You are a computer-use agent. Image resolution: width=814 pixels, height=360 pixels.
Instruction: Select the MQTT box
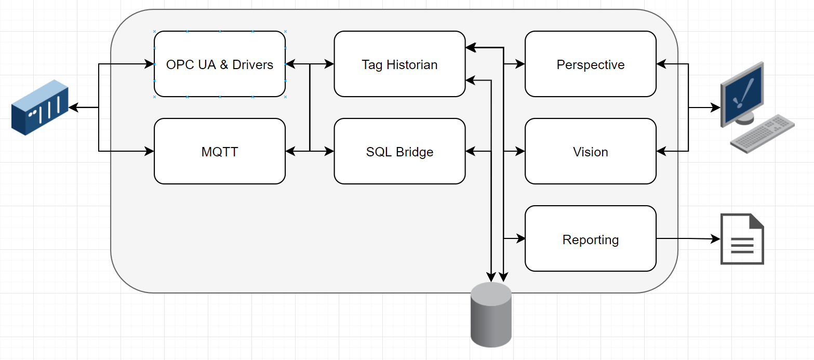pyautogui.click(x=220, y=151)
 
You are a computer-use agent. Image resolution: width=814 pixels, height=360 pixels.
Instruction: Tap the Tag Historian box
pyautogui.click(x=399, y=64)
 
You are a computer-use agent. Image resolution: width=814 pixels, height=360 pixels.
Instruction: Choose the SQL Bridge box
pyautogui.click(x=399, y=151)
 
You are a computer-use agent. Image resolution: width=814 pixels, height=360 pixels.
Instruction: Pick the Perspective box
pyautogui.click(x=591, y=64)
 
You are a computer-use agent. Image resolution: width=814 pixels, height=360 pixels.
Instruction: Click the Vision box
pyautogui.click(x=591, y=151)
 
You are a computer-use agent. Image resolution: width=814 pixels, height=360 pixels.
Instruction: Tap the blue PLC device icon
pyautogui.click(x=40, y=108)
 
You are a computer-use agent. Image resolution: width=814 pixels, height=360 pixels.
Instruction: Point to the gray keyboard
pyautogui.click(x=762, y=134)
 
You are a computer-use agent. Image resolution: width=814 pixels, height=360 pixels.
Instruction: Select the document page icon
pyautogui.click(x=742, y=239)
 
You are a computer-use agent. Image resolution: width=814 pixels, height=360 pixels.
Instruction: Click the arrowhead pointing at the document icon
pyautogui.click(x=716, y=239)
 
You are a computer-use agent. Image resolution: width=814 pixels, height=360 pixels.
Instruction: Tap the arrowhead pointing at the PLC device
pyautogui.click(x=73, y=108)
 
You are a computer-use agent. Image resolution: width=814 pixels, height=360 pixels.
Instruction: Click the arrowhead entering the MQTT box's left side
pyautogui.click(x=150, y=151)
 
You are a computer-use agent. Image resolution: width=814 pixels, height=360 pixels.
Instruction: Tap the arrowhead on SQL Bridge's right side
pyautogui.click(x=470, y=151)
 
